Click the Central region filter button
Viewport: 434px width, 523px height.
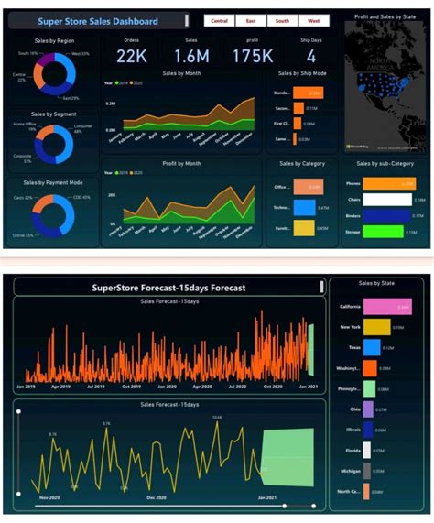point(219,20)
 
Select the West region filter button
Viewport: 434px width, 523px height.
point(313,20)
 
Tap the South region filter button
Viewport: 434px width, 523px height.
point(282,20)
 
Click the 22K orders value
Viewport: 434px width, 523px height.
point(132,57)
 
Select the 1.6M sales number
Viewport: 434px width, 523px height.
point(191,57)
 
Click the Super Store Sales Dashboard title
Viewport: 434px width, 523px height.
point(97,21)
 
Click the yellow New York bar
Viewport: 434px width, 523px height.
point(377,327)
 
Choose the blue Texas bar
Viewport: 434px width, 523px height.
point(372,348)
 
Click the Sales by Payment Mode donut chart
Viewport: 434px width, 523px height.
point(52,212)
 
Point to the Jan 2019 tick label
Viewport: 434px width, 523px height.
point(27,387)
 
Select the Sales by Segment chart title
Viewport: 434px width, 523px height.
point(51,114)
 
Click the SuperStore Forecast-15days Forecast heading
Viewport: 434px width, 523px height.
point(168,288)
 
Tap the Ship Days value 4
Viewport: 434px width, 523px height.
point(311,57)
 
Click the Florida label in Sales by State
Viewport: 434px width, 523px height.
point(353,450)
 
